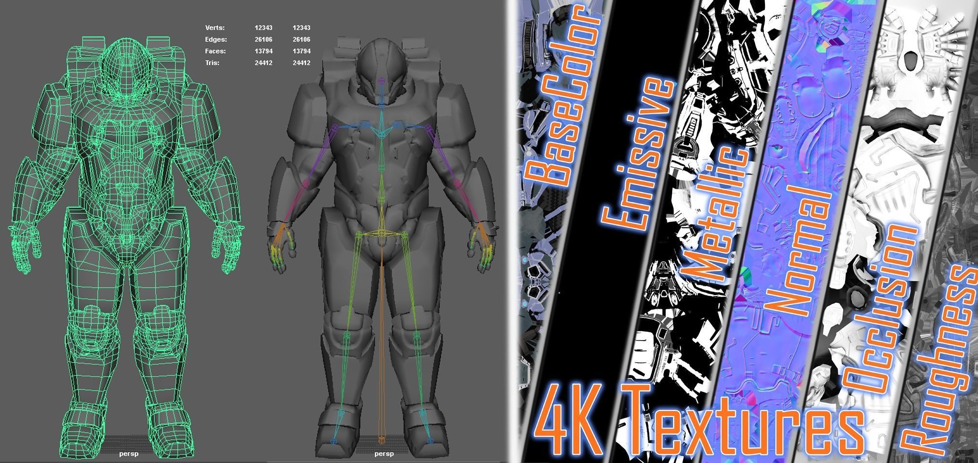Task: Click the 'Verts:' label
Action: click(x=215, y=28)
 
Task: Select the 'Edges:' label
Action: click(x=216, y=40)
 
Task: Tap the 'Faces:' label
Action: click(x=215, y=51)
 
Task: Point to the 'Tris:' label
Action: click(x=212, y=63)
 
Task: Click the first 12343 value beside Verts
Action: click(x=263, y=28)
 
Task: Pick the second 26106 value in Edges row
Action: click(x=301, y=40)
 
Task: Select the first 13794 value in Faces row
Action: click(x=263, y=51)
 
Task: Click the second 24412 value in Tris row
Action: click(x=301, y=63)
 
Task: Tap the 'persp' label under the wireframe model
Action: click(x=129, y=454)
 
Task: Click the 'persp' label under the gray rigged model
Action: click(x=384, y=454)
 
